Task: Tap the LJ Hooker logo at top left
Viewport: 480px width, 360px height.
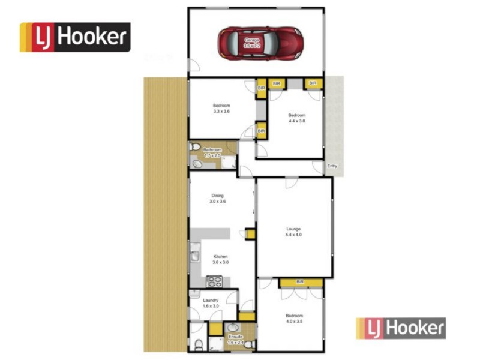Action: (75, 37)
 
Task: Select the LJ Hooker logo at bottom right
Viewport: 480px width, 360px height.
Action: (401, 328)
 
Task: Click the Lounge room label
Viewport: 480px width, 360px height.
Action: (293, 229)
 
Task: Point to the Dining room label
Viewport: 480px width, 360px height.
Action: (217, 195)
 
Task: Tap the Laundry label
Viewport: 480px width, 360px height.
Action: (210, 300)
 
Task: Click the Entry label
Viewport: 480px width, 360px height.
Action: (332, 166)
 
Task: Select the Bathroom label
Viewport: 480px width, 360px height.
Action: (212, 150)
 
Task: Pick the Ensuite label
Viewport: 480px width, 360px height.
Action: (236, 338)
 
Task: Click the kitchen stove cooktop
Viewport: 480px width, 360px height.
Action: (214, 281)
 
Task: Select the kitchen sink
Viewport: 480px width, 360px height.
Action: (195, 257)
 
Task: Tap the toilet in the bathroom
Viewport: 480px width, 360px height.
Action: (195, 148)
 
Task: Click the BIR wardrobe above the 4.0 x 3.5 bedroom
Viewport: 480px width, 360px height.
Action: (301, 282)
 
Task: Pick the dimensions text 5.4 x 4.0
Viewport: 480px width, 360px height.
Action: (293, 235)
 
